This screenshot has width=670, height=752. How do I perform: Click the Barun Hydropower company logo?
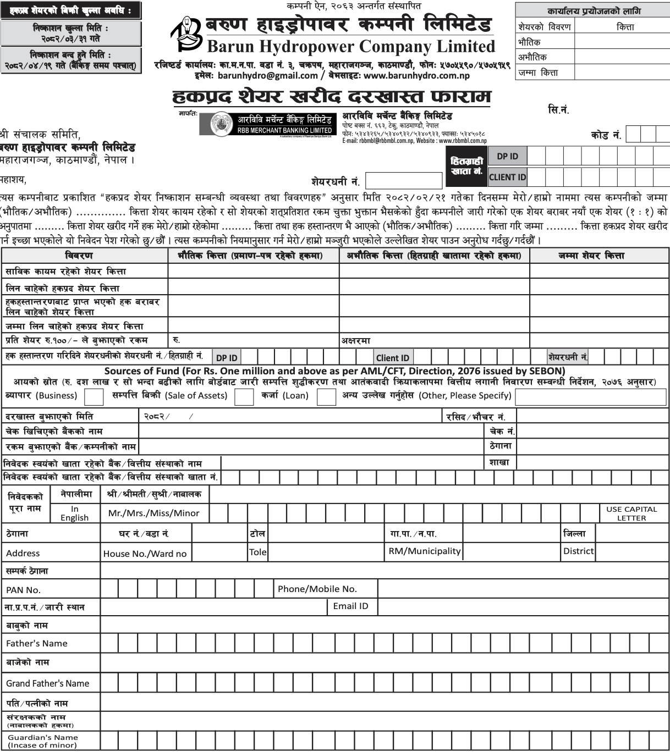185,34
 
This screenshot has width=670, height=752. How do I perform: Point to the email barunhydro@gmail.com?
267,76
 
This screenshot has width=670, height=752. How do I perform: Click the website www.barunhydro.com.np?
416,76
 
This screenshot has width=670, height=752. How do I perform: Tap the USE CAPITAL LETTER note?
631,513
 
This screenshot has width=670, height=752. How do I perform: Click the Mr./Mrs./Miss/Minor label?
154,513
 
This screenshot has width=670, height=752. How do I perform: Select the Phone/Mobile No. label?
317,589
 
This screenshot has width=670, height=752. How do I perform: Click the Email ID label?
350,606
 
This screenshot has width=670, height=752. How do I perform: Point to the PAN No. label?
23,590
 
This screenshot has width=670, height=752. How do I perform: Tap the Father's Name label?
37,644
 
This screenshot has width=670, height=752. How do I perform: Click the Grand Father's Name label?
47,684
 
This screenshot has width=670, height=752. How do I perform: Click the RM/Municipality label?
424,551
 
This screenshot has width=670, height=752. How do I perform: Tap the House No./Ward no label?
145,554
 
